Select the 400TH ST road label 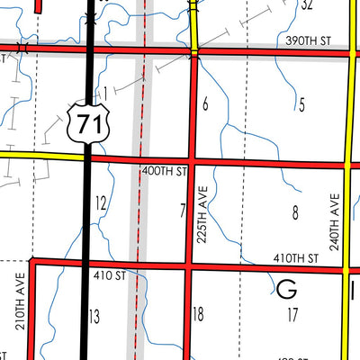click(165, 170)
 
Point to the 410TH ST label click(298, 257)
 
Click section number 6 click(205, 105)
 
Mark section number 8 click(295, 213)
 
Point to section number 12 click(101, 203)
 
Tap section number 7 click(183, 211)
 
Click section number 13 click(94, 315)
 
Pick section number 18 click(199, 314)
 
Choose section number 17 click(292, 314)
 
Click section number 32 click(306, 5)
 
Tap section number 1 click(105, 93)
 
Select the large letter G click(287, 290)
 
